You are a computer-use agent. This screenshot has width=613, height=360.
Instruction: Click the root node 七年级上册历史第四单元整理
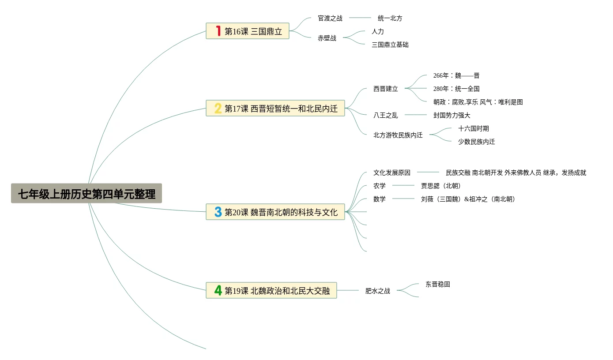point(86,194)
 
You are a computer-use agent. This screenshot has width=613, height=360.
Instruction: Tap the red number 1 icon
point(218,31)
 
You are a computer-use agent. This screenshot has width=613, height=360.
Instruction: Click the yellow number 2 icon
point(218,108)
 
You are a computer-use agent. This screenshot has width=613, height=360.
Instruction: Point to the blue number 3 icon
point(218,212)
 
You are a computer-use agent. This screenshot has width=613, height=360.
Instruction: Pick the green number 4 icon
point(218,290)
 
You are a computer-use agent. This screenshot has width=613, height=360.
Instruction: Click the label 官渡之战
point(330,19)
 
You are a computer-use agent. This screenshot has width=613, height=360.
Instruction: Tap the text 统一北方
point(390,19)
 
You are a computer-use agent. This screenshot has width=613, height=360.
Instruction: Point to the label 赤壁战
point(327,38)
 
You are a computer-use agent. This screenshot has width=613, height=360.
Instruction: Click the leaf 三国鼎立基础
point(390,45)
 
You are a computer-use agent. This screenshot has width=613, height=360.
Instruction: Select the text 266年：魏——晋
point(456,75)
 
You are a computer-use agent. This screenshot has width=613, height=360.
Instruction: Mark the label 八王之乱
point(386,115)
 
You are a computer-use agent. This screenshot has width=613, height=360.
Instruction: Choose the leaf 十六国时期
point(474,128)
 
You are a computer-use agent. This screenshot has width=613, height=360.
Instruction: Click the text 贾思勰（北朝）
point(441,186)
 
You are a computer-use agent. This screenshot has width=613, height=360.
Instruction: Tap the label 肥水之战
point(378,291)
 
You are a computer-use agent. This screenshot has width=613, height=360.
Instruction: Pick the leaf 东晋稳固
point(438,284)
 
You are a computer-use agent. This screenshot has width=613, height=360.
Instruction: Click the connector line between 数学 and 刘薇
point(403,199)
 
